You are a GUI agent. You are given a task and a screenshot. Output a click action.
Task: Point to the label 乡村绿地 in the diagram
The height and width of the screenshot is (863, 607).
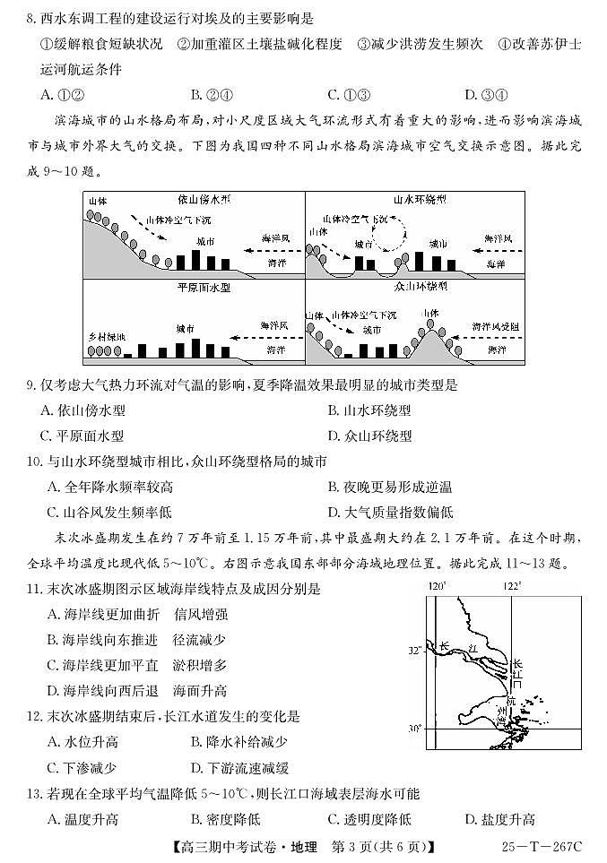point(107,335)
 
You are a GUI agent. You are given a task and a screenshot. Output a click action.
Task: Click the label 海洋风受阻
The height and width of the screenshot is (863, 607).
point(494,327)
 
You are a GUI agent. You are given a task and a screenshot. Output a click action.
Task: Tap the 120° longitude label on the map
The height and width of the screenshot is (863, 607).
point(437,586)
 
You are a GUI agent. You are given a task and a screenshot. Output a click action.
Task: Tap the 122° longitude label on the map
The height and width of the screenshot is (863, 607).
point(511,586)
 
